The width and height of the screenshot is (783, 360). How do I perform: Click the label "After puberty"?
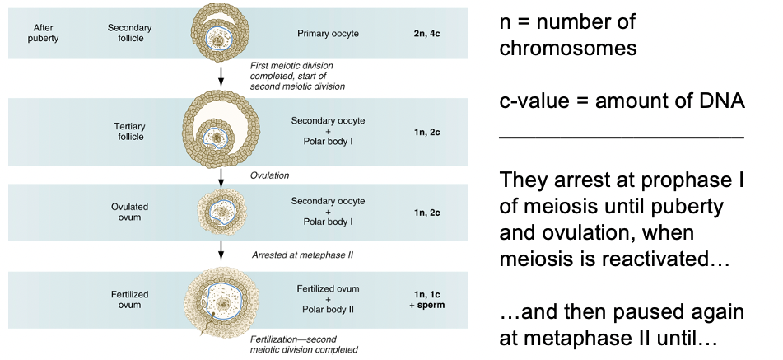coord(42,33)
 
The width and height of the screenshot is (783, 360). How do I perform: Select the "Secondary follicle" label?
coord(130,33)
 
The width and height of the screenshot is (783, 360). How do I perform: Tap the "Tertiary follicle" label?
coord(130,131)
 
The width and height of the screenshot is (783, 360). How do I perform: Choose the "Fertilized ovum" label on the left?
coord(130,300)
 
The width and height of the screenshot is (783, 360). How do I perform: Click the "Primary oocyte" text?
coord(328,34)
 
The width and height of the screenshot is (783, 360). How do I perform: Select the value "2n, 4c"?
coord(427,34)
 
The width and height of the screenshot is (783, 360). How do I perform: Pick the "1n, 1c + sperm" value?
coord(427,300)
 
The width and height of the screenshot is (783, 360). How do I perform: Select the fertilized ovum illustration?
coord(221,302)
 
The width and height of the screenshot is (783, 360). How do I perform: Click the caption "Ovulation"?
coord(269,175)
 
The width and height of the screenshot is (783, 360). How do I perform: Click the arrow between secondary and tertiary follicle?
coord(221,78)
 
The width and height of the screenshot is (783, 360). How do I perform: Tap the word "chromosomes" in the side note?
coord(568,48)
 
